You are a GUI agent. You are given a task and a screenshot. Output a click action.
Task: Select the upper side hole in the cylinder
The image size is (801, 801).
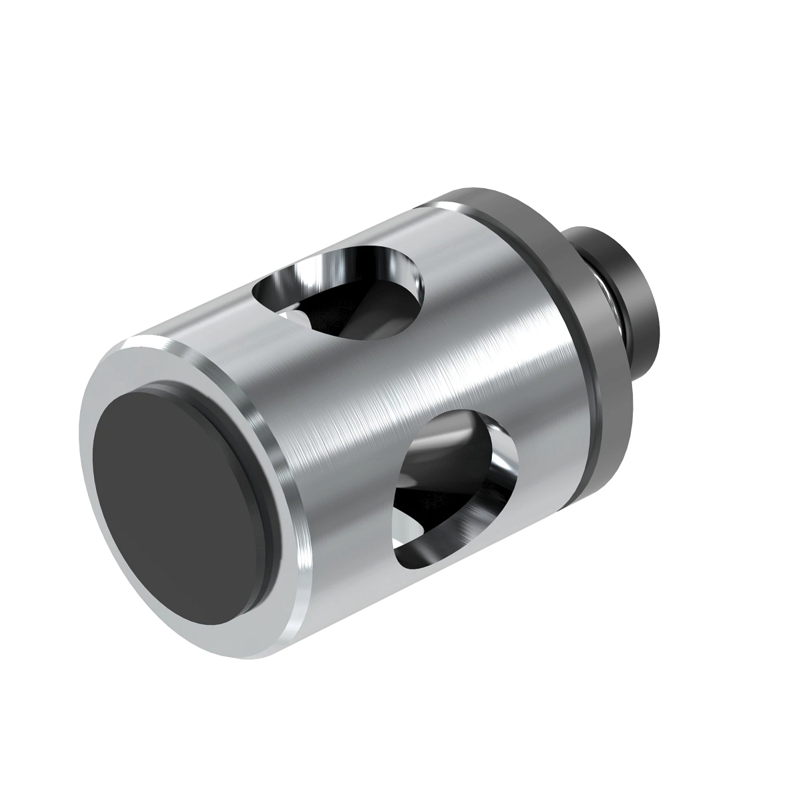point(340,287)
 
